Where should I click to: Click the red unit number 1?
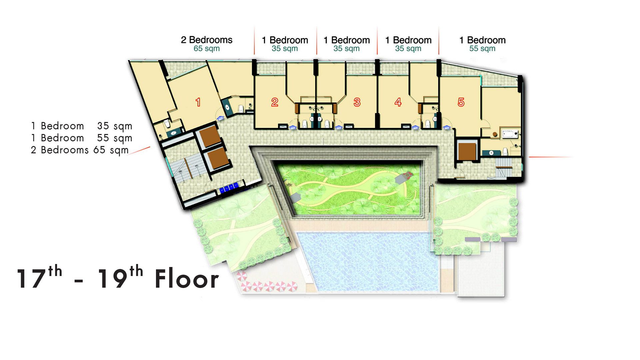pyautogui.click(x=198, y=102)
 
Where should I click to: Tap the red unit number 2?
pyautogui.click(x=275, y=102)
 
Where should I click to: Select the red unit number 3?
pyautogui.click(x=357, y=102)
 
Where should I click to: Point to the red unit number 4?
pyautogui.click(x=398, y=102)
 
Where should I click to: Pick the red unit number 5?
pyautogui.click(x=461, y=102)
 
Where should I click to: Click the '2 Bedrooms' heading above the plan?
pyautogui.click(x=207, y=40)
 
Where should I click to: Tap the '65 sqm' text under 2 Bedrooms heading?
pyautogui.click(x=207, y=49)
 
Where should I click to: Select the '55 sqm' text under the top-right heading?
pyautogui.click(x=482, y=49)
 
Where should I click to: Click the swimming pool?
pyautogui.click(x=367, y=262)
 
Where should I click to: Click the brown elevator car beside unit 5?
pyautogui.click(x=467, y=151)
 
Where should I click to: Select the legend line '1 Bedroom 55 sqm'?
pyautogui.click(x=82, y=138)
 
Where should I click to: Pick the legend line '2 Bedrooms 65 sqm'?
pyautogui.click(x=80, y=150)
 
